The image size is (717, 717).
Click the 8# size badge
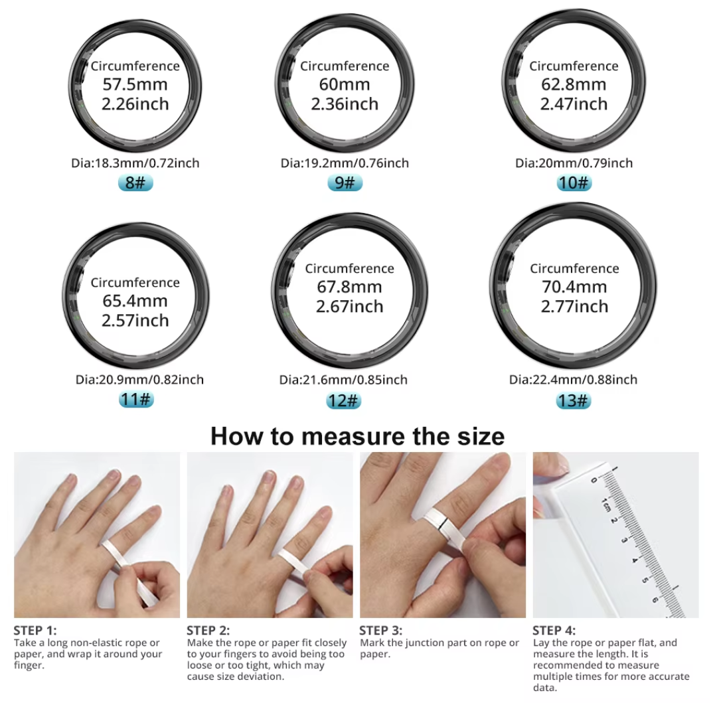pos(135,183)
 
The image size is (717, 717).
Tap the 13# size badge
pos(574,400)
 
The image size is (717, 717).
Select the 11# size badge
pos(136,399)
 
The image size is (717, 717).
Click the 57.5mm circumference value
pos(135,84)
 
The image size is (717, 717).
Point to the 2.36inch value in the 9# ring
pos(345,104)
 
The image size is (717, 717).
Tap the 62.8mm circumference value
pos(574,84)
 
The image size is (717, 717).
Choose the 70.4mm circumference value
pos(574,287)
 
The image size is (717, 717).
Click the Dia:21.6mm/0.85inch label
pos(343,380)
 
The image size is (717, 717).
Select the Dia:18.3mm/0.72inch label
pos(135,163)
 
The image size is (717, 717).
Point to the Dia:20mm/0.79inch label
pos(574,163)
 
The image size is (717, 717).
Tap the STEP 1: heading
pos(35,631)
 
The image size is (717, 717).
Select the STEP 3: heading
pos(380,631)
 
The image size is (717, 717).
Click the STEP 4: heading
pos(554,631)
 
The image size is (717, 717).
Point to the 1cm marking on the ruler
pos(606,505)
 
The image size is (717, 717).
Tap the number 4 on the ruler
pos(635,560)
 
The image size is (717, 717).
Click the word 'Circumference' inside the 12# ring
pos(350,268)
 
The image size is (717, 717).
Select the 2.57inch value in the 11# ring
pos(135,321)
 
